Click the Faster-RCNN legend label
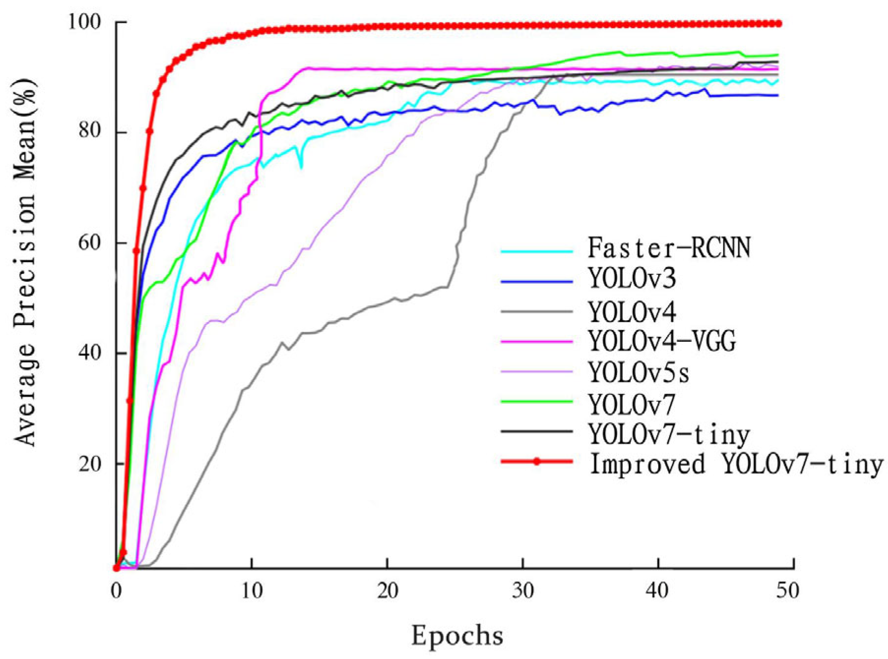tap(669, 248)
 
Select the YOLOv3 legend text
tap(632, 279)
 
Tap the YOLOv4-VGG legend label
tap(662, 341)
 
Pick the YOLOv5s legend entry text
tap(639, 372)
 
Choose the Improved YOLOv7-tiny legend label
tap(736, 464)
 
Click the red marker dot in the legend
tap(537, 461)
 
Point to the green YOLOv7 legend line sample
tap(537, 401)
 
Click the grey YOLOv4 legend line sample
tap(537, 312)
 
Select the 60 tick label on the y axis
tap(91, 243)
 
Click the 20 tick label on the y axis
tap(91, 463)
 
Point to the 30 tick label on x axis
tap(522, 590)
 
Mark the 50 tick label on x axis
tap(787, 590)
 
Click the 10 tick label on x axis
tap(251, 590)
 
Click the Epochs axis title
tap(457, 635)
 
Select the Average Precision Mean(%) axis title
tap(25, 261)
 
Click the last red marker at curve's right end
tap(779, 24)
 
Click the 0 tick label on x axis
tap(116, 590)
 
